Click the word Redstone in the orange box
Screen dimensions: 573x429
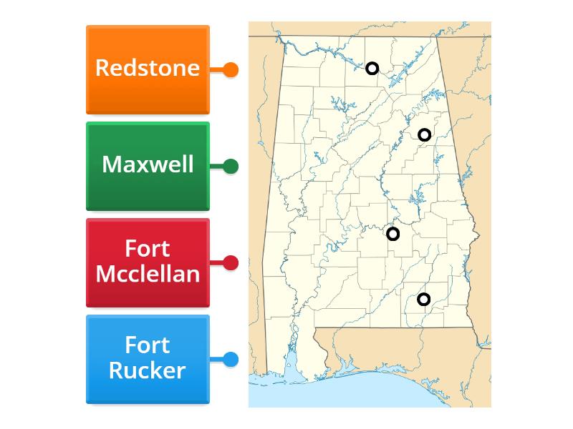147,68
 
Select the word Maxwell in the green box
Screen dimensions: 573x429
148,164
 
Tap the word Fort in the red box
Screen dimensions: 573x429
148,249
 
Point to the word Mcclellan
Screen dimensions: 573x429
148,273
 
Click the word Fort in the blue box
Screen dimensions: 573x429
148,345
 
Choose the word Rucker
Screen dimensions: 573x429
148,370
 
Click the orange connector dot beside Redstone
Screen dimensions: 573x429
231,70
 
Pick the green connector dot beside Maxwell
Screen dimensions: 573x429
231,167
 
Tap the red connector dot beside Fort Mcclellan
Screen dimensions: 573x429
231,263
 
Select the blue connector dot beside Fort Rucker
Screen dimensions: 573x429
231,360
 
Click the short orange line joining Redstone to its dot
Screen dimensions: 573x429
216,70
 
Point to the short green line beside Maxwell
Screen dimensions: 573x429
216,167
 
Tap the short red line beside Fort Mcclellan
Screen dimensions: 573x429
216,263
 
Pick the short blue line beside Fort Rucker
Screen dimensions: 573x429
216,360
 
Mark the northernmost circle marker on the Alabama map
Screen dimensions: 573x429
372,69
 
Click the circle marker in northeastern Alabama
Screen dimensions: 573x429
424,134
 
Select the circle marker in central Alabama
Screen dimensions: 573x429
393,234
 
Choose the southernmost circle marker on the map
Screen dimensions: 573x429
423,299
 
